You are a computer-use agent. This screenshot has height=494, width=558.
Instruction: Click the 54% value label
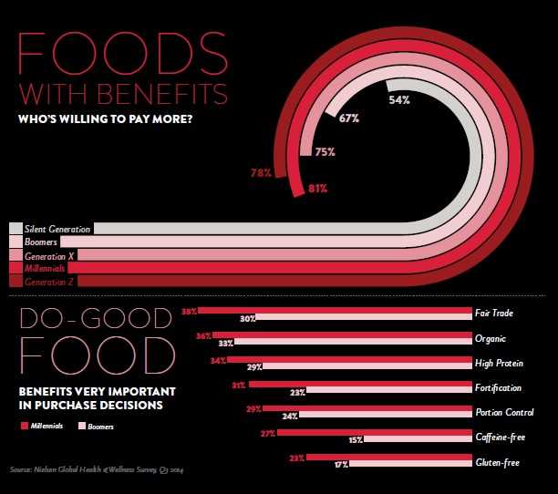pyautogui.click(x=398, y=99)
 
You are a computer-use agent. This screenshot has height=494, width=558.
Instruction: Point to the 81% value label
pyautogui.click(x=317, y=189)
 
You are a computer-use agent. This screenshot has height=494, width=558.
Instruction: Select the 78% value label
pyautogui.click(x=261, y=172)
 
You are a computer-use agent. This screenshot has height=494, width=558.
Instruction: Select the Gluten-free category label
pyautogui.click(x=498, y=463)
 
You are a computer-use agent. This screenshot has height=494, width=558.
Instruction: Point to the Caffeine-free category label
pyautogui.click(x=498, y=438)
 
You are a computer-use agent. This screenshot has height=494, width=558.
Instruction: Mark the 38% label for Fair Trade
pyautogui.click(x=190, y=312)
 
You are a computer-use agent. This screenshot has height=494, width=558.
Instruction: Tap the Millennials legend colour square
pyautogui.click(x=24, y=426)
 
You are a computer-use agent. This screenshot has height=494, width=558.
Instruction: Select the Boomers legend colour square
pyautogui.click(x=81, y=426)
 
